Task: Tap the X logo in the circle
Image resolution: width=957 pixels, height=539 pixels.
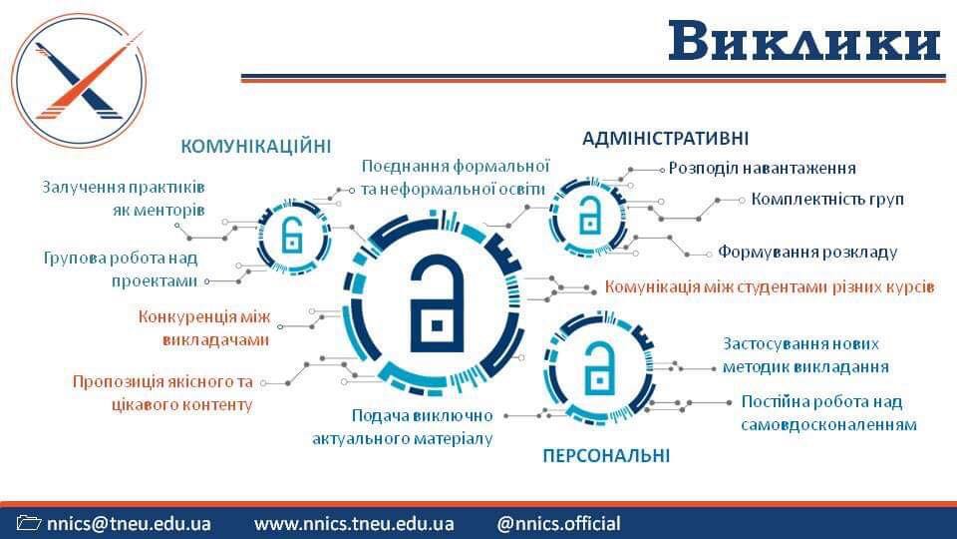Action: click(x=80, y=81)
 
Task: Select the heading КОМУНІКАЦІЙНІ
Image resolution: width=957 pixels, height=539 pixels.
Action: click(x=256, y=147)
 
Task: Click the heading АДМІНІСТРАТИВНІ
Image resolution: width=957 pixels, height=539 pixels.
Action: click(x=665, y=139)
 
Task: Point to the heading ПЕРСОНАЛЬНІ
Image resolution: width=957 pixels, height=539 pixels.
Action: click(x=606, y=456)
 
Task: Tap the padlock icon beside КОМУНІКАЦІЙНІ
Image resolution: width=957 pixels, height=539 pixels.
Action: click(x=293, y=236)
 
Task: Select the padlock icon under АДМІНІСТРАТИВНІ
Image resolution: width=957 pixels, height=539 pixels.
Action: click(x=588, y=216)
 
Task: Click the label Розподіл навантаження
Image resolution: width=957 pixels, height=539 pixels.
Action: click(x=762, y=168)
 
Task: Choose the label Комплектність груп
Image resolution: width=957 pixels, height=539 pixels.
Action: click(x=827, y=200)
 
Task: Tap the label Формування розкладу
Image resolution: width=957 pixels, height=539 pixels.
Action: click(x=806, y=252)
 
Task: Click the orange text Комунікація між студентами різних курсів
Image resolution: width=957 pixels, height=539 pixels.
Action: click(x=770, y=286)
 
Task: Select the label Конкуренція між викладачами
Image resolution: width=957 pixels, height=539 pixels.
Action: click(x=204, y=328)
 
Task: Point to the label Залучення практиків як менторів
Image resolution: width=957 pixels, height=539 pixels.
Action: click(x=124, y=199)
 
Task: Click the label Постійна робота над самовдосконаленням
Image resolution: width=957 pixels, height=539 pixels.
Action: click(x=828, y=413)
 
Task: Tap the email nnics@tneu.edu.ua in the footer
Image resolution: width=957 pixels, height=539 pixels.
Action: click(x=129, y=524)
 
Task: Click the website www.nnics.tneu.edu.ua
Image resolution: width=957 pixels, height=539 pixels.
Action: click(x=354, y=524)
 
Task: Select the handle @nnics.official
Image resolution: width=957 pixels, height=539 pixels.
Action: click(x=558, y=524)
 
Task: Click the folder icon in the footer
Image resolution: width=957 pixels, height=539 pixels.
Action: click(x=29, y=523)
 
